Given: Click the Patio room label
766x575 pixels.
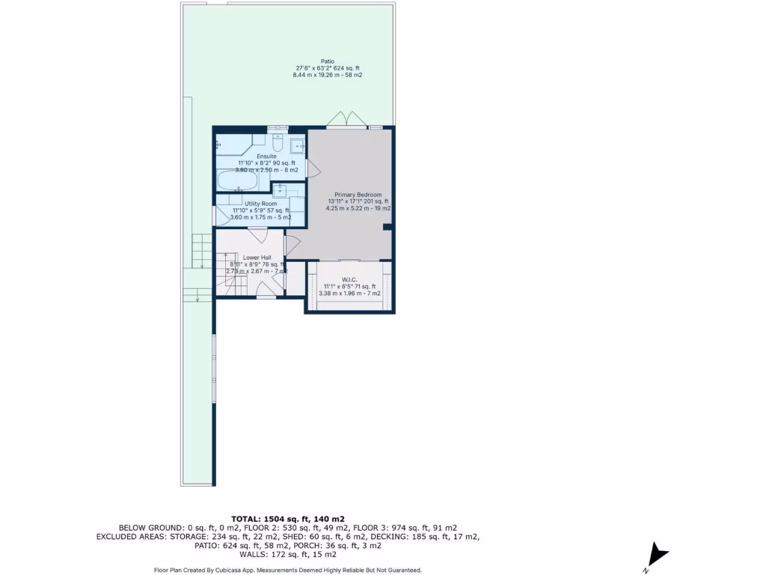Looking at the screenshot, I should coord(327,61).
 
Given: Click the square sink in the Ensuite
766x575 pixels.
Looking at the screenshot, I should coord(296,145).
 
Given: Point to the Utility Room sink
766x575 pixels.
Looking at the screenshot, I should coord(281,189).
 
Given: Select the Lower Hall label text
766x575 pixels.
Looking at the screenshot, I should coord(257,257).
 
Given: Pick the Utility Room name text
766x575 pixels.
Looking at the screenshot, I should coord(260,204).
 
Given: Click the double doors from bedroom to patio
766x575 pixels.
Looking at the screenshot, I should coord(346,120).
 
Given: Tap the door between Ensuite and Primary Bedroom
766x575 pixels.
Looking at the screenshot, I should coord(313,168).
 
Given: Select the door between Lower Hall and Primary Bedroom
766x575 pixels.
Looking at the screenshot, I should coord(292,243).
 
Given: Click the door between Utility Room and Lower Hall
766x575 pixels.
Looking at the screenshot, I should coord(258,235).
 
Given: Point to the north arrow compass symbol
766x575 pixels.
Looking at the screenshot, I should coord(658,555).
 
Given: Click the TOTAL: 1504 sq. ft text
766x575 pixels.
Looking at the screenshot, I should coord(288,518).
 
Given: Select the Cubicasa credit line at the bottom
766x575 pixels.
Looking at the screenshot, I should coord(288,570).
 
